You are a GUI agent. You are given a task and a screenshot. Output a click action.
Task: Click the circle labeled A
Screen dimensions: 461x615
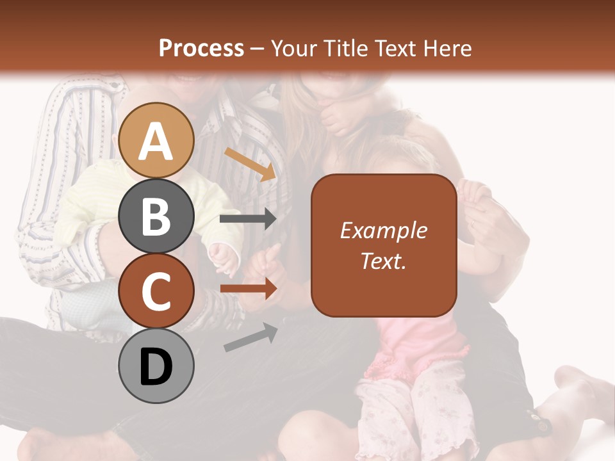[x=156, y=140]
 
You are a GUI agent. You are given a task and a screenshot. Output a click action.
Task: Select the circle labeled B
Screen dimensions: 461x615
[x=156, y=216]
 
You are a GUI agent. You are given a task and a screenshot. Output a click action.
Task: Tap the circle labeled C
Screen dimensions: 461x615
[x=156, y=291]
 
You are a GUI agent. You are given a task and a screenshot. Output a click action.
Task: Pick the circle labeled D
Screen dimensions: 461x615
[x=156, y=366]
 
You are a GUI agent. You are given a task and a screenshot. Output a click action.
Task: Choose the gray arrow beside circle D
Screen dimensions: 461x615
[x=250, y=337]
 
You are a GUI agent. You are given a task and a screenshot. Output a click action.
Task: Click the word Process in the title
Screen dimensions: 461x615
[x=201, y=48]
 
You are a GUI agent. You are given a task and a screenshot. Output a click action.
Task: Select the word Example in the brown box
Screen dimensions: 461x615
[x=383, y=230]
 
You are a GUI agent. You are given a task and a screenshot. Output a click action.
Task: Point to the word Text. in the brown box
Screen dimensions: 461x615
[x=383, y=261]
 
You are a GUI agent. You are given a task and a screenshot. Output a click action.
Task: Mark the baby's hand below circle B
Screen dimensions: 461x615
[x=224, y=256]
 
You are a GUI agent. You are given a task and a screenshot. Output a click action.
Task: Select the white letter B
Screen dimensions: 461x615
[x=156, y=216]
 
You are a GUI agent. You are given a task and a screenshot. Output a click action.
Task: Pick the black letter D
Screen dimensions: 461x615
[x=156, y=366]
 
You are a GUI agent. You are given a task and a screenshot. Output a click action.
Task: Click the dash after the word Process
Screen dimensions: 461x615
[x=257, y=48]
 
